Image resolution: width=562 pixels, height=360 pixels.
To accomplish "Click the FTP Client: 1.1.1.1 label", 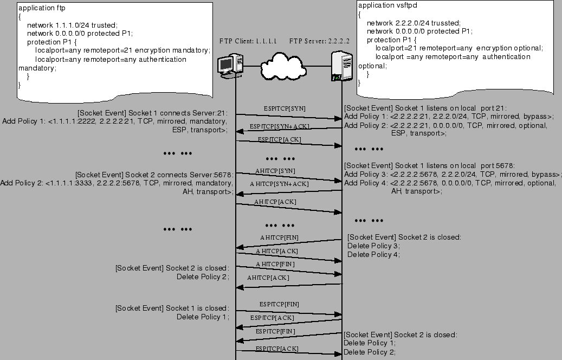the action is [x=248, y=41].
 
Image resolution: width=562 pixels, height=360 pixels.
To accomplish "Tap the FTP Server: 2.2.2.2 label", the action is [x=319, y=41].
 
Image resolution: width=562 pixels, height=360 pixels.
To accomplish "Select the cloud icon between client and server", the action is [x=283, y=66].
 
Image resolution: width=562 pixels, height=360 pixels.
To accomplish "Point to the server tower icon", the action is [x=341, y=66].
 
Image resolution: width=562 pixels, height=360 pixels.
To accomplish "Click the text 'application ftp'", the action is [x=42, y=8].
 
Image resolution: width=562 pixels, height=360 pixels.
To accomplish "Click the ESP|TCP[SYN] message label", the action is [x=285, y=108].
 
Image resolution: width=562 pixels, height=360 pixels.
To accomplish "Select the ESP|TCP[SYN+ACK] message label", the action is [x=280, y=126].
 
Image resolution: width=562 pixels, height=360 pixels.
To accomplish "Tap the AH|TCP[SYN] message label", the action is [x=275, y=171].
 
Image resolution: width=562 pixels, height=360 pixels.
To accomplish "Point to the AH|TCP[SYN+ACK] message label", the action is [x=279, y=184].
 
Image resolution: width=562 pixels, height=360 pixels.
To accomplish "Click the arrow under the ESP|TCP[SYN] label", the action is [x=289, y=117].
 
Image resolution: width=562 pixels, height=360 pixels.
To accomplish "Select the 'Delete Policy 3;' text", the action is [x=373, y=246].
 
